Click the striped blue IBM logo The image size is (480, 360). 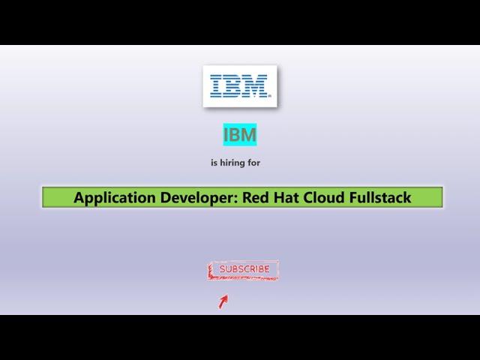click(239, 85)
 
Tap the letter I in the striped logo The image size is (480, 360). click(217, 85)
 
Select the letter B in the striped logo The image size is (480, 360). click(234, 85)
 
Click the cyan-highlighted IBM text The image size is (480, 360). click(240, 135)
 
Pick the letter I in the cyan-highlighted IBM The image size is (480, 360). click(227, 135)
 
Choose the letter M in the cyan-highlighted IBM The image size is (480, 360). click(249, 135)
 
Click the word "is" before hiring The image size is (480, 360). click(214, 162)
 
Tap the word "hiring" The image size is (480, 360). click(232, 162)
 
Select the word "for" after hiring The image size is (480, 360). click(254, 162)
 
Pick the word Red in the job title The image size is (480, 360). click(253, 198)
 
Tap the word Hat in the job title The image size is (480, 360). click(286, 198)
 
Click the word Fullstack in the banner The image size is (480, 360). click(380, 198)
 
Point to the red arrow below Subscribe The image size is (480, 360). click(223, 301)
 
